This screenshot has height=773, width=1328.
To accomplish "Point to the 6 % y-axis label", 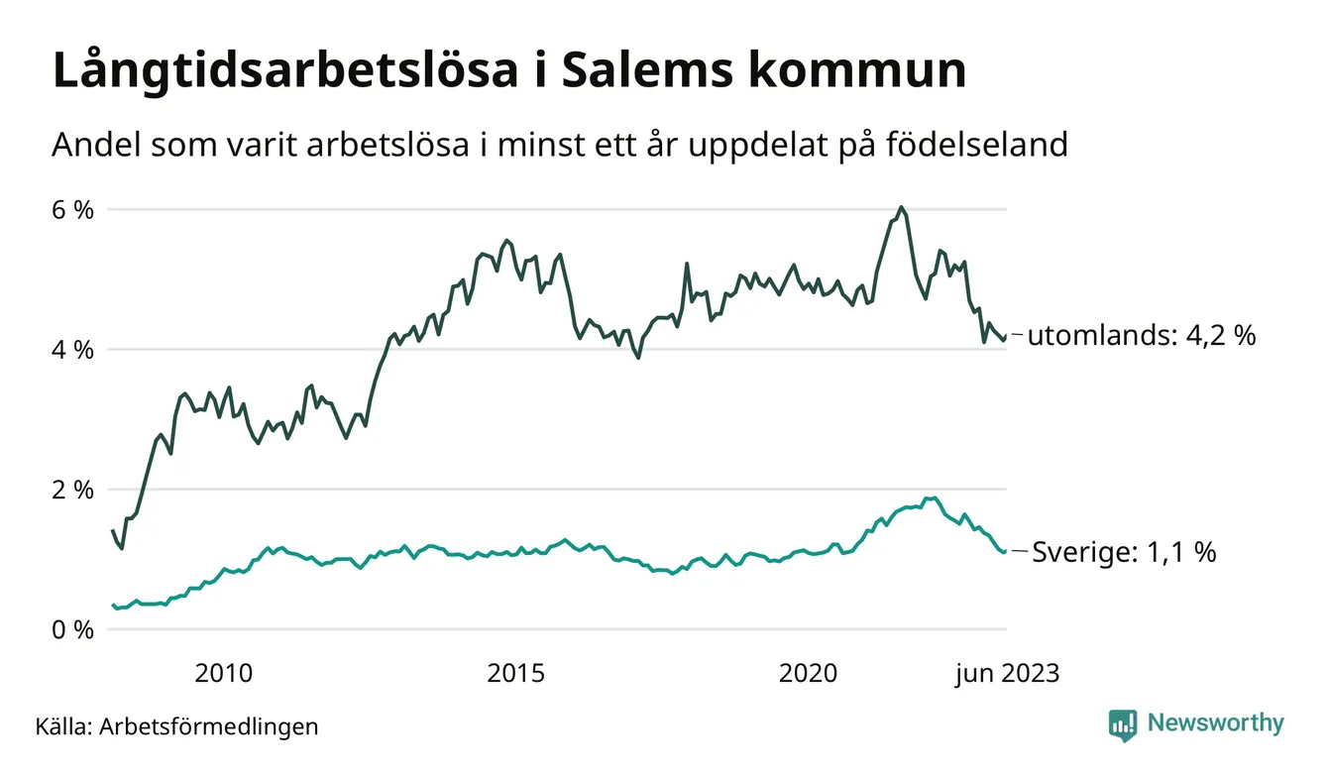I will tap(73, 210).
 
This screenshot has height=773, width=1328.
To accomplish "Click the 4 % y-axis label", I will tap(73, 350).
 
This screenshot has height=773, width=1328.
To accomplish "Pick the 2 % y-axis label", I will tap(73, 490).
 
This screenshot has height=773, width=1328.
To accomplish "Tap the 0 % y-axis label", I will tap(73, 629).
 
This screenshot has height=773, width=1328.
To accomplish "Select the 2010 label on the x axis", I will tap(223, 675).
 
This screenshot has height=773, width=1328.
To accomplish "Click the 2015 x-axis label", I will tap(515, 675).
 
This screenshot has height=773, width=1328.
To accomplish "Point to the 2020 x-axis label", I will tap(809, 675).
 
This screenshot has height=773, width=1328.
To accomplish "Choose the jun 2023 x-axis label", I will tap(1007, 675).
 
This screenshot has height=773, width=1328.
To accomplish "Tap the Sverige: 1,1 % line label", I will tap(1124, 552).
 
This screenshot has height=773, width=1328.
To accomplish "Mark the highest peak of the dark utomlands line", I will tap(900, 207).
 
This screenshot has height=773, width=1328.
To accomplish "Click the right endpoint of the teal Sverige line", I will tap(1005, 551).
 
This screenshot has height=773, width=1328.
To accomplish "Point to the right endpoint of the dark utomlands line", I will tap(1005, 338).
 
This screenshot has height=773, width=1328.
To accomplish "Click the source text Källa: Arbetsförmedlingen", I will tap(177, 726).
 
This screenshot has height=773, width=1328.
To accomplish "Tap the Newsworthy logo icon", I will tap(1123, 724).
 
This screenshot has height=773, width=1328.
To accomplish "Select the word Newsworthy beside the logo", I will tap(1215, 723).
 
